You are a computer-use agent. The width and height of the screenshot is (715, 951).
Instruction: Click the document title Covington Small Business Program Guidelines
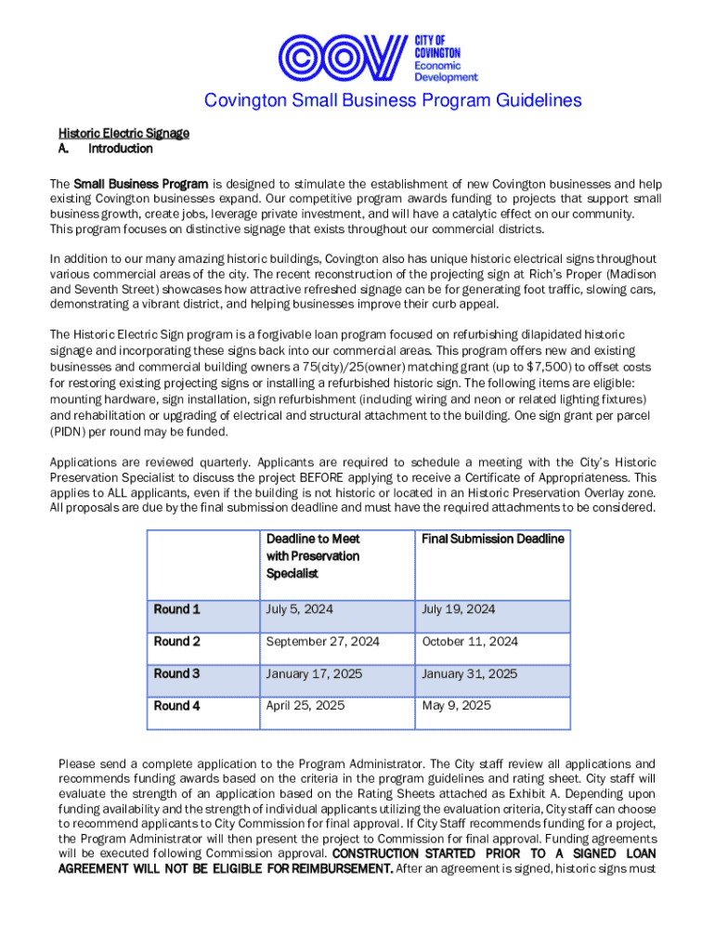pyautogui.click(x=393, y=100)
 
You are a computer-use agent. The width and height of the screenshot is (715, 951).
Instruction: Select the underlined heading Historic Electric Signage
pyautogui.click(x=123, y=133)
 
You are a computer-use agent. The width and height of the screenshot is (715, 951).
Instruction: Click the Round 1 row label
pyautogui.click(x=176, y=609)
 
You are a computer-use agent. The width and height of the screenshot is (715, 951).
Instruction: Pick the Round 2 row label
pyautogui.click(x=176, y=642)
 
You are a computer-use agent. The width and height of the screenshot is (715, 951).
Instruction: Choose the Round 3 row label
pyautogui.click(x=176, y=673)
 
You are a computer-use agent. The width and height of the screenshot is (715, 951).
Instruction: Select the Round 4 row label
pyautogui.click(x=176, y=706)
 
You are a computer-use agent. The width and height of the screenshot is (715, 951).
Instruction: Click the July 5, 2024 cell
pyautogui.click(x=300, y=609)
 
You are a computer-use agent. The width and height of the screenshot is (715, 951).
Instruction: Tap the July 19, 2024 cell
pyautogui.click(x=459, y=609)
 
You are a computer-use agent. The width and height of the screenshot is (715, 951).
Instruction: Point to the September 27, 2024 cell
pyautogui.click(x=323, y=642)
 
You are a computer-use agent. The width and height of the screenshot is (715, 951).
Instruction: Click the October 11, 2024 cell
pyautogui.click(x=470, y=642)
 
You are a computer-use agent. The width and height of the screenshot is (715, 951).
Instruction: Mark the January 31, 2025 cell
pyautogui.click(x=470, y=673)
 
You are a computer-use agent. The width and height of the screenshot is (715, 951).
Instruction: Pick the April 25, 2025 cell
pyautogui.click(x=305, y=706)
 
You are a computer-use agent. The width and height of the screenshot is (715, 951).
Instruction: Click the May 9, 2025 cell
pyautogui.click(x=457, y=706)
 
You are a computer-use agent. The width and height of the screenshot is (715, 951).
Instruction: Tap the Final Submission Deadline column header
pyautogui.click(x=492, y=539)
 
